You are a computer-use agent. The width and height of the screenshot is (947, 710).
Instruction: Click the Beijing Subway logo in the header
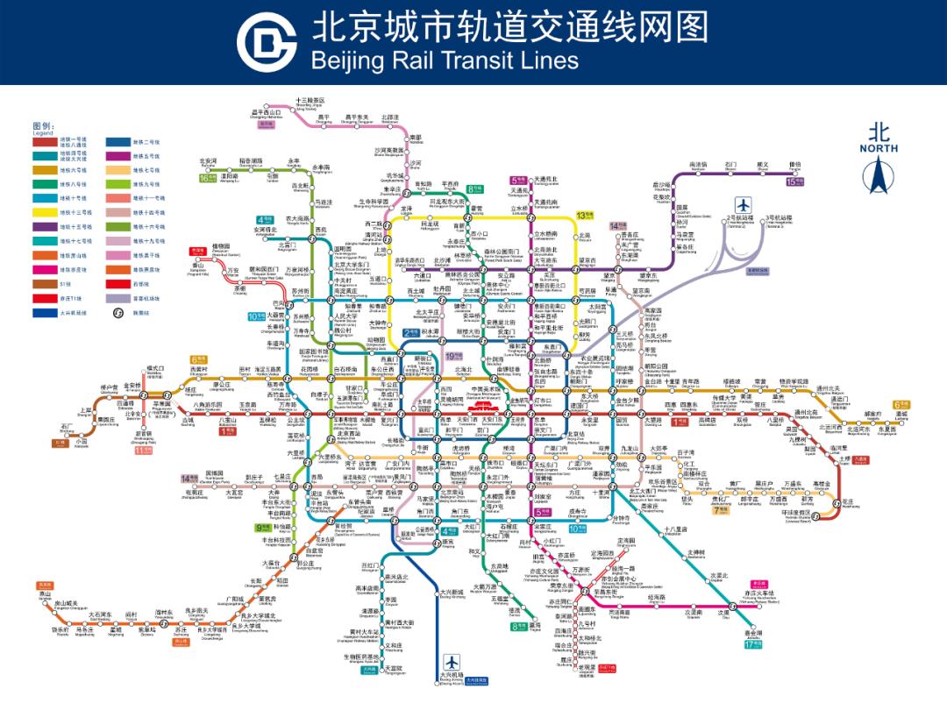[267, 42]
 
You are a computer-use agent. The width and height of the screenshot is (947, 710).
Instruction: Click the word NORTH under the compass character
[878, 149]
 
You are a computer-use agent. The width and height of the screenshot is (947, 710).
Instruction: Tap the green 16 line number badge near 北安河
[206, 178]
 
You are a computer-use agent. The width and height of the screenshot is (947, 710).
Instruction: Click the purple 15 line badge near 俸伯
[794, 181]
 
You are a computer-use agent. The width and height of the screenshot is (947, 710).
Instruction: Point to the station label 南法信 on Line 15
[698, 164]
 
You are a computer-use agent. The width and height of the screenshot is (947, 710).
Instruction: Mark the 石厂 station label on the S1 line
[66, 426]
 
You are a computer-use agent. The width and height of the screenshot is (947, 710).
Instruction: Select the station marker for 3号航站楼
[778, 217]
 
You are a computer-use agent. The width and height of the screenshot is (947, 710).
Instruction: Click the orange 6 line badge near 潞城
[902, 404]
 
